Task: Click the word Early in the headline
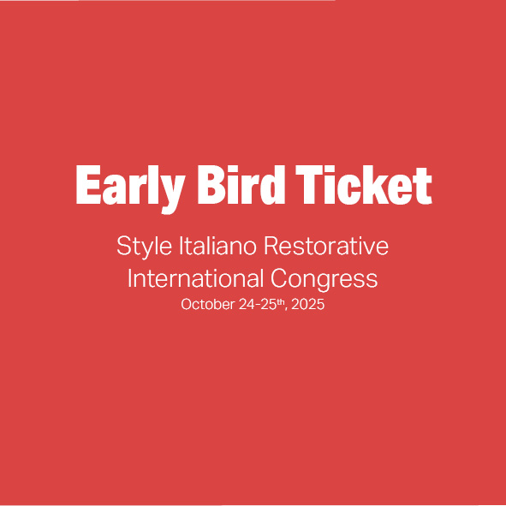point(130,189)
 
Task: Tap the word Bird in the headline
point(241,185)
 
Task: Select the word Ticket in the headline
point(364,185)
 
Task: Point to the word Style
point(144,247)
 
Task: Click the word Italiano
point(217,246)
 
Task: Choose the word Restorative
point(326,246)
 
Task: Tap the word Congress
point(324,280)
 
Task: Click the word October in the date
point(208,304)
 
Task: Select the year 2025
point(308,304)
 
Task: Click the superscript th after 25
point(282,301)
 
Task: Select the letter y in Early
point(171,194)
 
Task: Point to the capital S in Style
point(124,246)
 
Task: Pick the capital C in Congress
point(279,278)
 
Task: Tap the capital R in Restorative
point(271,246)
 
